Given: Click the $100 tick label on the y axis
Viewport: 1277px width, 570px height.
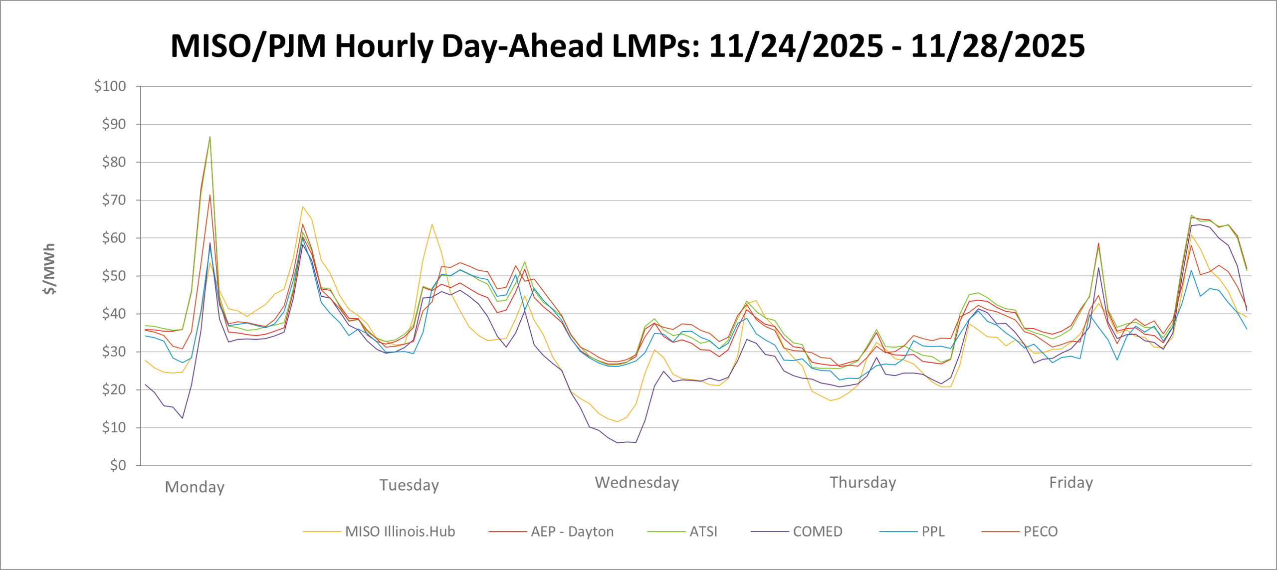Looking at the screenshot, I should point(110,86).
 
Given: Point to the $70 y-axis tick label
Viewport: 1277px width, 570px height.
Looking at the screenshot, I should point(113,200).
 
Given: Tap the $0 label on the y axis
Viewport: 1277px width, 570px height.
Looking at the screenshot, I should point(118,465).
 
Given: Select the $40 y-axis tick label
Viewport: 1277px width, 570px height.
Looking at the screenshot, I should point(113,314).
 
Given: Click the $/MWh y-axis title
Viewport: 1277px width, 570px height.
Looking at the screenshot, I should point(49,269).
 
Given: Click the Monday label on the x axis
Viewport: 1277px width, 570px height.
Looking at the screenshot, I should point(195,487).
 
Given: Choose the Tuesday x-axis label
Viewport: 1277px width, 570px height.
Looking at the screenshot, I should point(409,485).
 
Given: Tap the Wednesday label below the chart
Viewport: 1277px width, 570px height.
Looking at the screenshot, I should point(637,482).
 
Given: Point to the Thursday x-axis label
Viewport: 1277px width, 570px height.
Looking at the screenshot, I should point(863,482).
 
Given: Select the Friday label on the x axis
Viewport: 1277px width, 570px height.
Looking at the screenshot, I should point(1071,482).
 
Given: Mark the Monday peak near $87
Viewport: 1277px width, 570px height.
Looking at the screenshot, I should point(210,137).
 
